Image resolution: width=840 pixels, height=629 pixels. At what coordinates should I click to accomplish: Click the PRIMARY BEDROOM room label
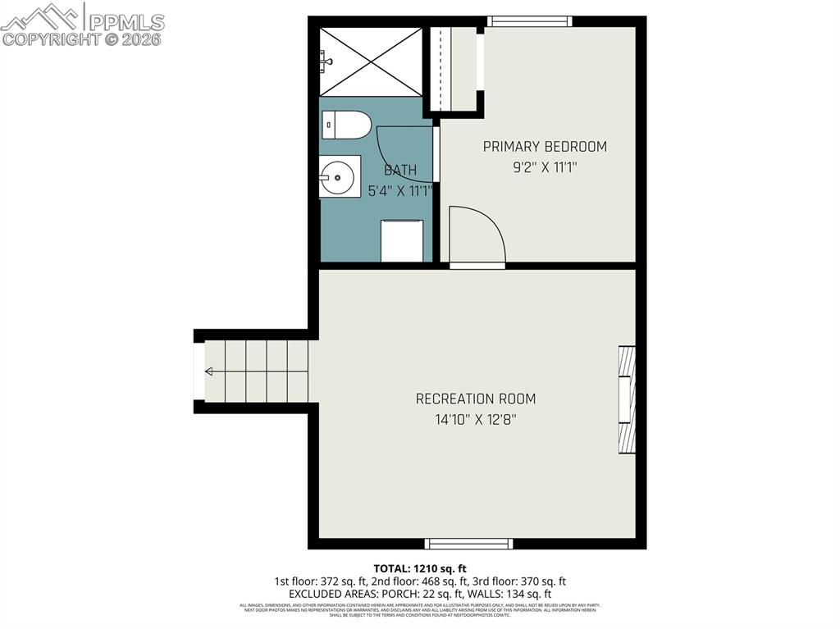tap(545, 147)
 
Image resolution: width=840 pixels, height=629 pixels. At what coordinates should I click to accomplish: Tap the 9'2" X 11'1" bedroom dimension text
tap(545, 167)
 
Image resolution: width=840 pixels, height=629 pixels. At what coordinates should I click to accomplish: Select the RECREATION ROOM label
tap(476, 399)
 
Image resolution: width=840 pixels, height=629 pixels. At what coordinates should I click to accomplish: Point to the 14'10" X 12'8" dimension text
tap(476, 420)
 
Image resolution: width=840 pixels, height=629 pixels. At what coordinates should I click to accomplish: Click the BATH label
tap(400, 171)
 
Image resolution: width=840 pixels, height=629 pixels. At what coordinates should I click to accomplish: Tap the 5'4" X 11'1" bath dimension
tap(399, 191)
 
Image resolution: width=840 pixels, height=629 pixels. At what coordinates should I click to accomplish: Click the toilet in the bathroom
tap(345, 125)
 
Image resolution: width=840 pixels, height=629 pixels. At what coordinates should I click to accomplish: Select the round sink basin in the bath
tap(337, 177)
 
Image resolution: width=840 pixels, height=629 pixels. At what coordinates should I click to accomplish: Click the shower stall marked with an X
tap(370, 62)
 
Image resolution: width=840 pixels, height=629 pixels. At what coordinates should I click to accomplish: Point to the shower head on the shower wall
tap(326, 61)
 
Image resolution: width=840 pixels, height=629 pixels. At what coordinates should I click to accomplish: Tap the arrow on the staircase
tap(209, 371)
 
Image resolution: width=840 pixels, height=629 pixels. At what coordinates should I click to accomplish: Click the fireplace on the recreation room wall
tap(627, 399)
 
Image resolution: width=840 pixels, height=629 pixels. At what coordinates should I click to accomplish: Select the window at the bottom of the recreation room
tap(468, 543)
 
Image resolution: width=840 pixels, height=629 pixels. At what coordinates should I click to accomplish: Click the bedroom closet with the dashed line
tap(454, 69)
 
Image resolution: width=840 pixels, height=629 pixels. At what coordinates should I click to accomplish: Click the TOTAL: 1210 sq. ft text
tap(420, 568)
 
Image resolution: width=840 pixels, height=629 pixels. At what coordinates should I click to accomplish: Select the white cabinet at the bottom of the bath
tap(402, 240)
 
